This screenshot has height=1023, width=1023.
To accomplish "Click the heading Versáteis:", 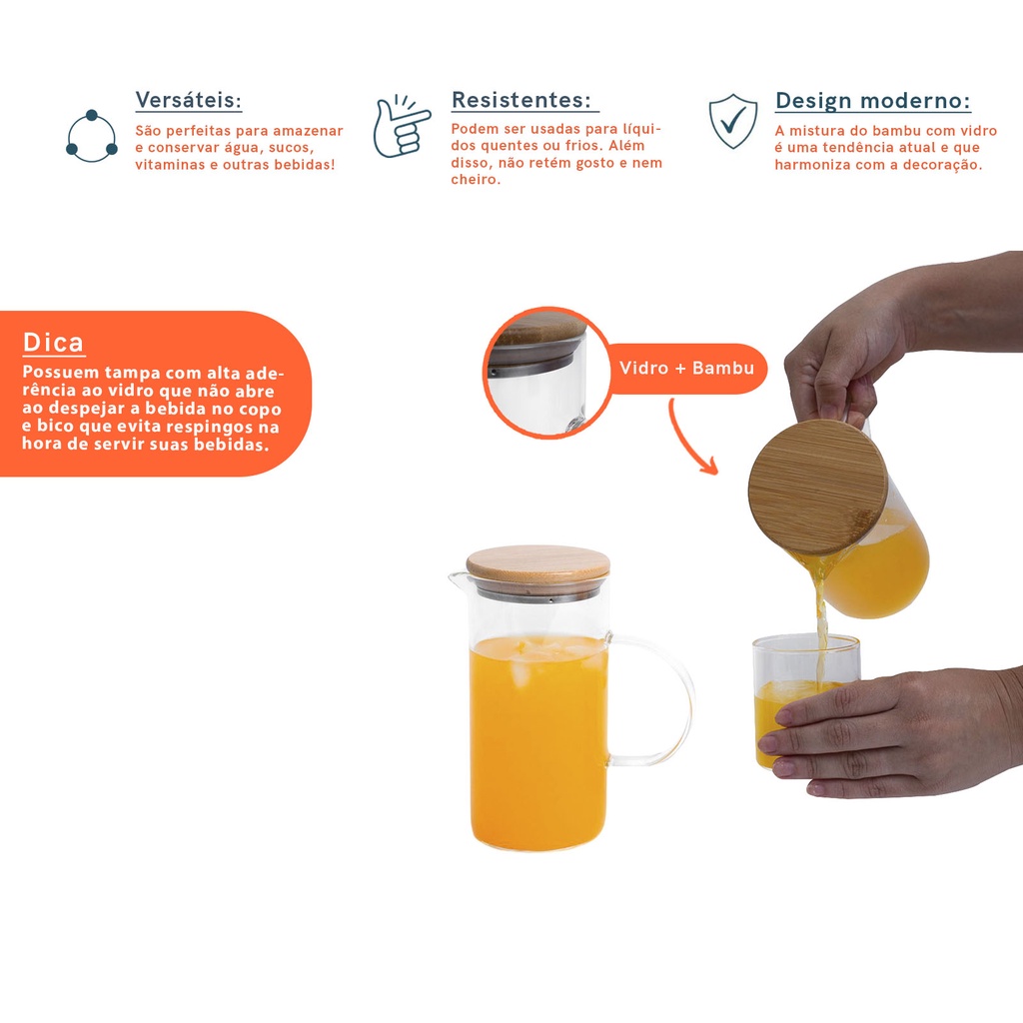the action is pyautogui.click(x=189, y=101).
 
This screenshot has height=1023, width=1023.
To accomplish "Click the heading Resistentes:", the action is pyautogui.click(x=521, y=100).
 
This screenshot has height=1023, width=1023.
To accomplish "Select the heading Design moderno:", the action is pyautogui.click(x=873, y=101).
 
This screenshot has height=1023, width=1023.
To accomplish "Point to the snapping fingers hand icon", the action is pyautogui.click(x=401, y=126).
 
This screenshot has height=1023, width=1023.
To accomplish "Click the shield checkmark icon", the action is pyautogui.click(x=733, y=121).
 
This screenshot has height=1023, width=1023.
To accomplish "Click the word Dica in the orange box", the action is pyautogui.click(x=54, y=342).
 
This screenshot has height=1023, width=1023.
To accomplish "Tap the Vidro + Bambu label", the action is pyautogui.click(x=686, y=368).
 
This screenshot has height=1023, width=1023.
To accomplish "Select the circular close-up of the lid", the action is pyautogui.click(x=546, y=373).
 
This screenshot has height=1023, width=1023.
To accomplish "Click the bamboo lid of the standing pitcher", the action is pyautogui.click(x=538, y=564).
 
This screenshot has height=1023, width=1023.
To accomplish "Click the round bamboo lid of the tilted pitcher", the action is pyautogui.click(x=817, y=487).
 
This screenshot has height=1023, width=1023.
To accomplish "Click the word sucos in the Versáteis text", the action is pyautogui.click(x=291, y=148).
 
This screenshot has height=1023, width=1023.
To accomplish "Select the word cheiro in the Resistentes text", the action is pyautogui.click(x=476, y=180).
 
